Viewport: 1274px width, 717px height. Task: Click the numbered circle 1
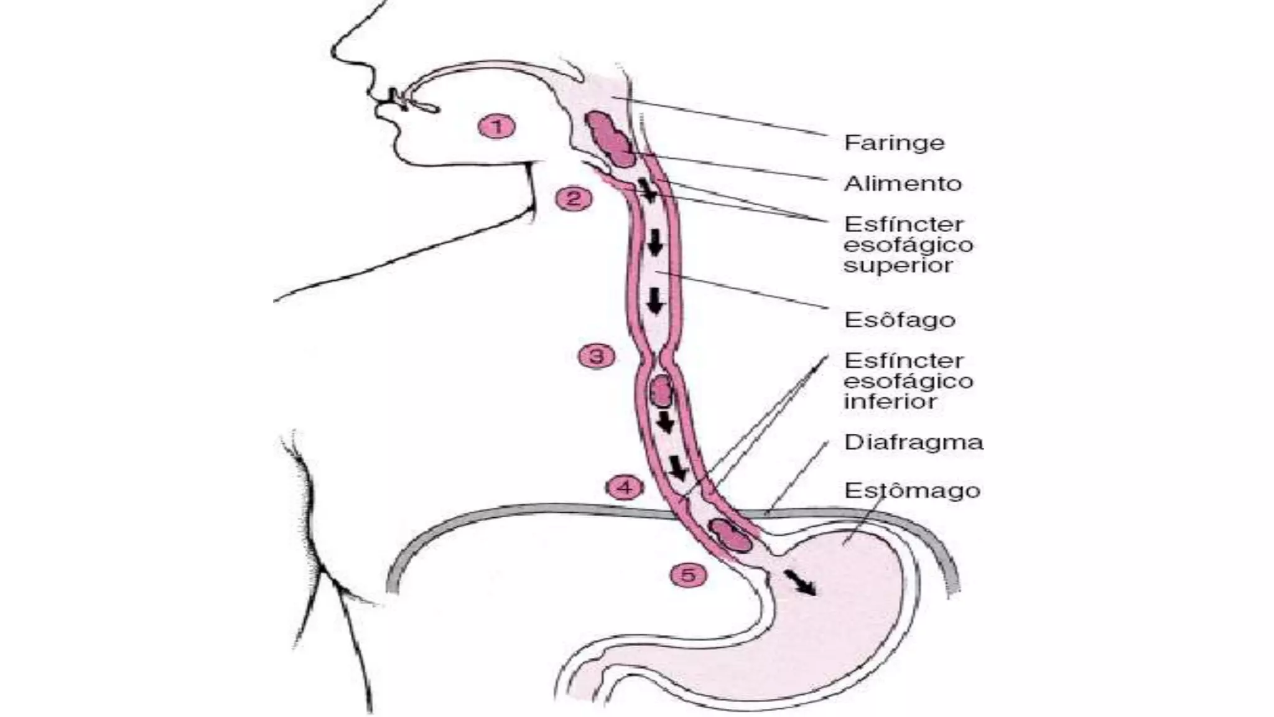(x=496, y=127)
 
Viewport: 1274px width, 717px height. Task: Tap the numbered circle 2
(x=574, y=199)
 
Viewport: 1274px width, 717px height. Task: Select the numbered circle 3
(x=597, y=357)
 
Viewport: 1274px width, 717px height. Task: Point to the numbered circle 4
(x=625, y=487)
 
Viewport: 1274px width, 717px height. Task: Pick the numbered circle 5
(x=688, y=575)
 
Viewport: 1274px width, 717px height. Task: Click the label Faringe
(x=894, y=144)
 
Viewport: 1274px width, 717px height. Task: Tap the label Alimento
(x=903, y=184)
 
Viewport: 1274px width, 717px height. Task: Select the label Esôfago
(x=899, y=320)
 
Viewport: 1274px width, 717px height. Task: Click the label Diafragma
(x=913, y=443)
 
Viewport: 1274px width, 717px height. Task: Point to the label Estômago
(x=912, y=490)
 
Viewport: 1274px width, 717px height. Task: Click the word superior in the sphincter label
(x=898, y=266)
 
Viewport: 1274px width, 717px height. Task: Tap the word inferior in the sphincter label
(x=890, y=401)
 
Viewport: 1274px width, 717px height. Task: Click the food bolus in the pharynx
(x=609, y=139)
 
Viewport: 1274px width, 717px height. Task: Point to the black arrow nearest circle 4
(x=677, y=468)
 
